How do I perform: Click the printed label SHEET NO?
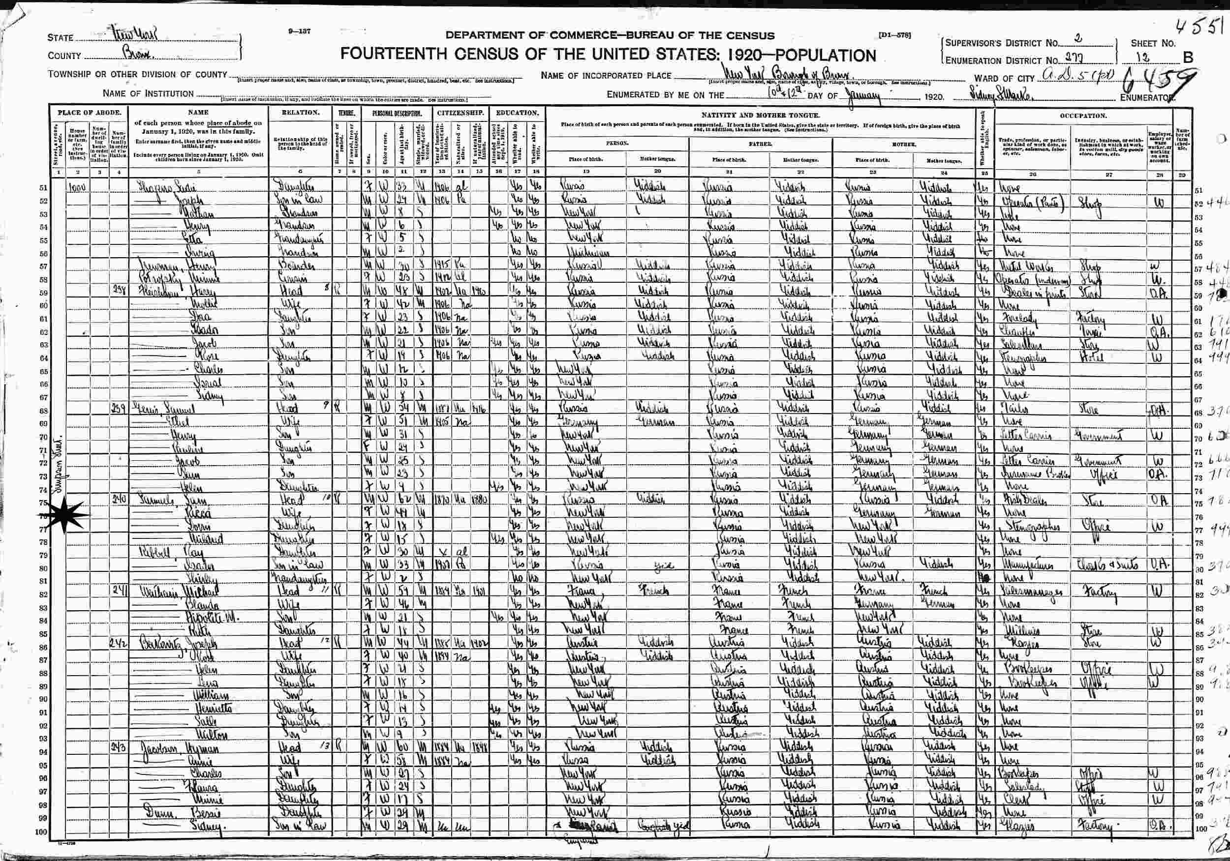point(1153,43)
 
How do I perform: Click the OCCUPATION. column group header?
point(1083,116)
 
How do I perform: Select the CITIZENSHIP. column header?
point(461,113)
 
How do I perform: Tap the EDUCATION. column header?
point(517,113)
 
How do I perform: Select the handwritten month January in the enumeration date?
point(862,96)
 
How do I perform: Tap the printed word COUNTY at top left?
point(64,56)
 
